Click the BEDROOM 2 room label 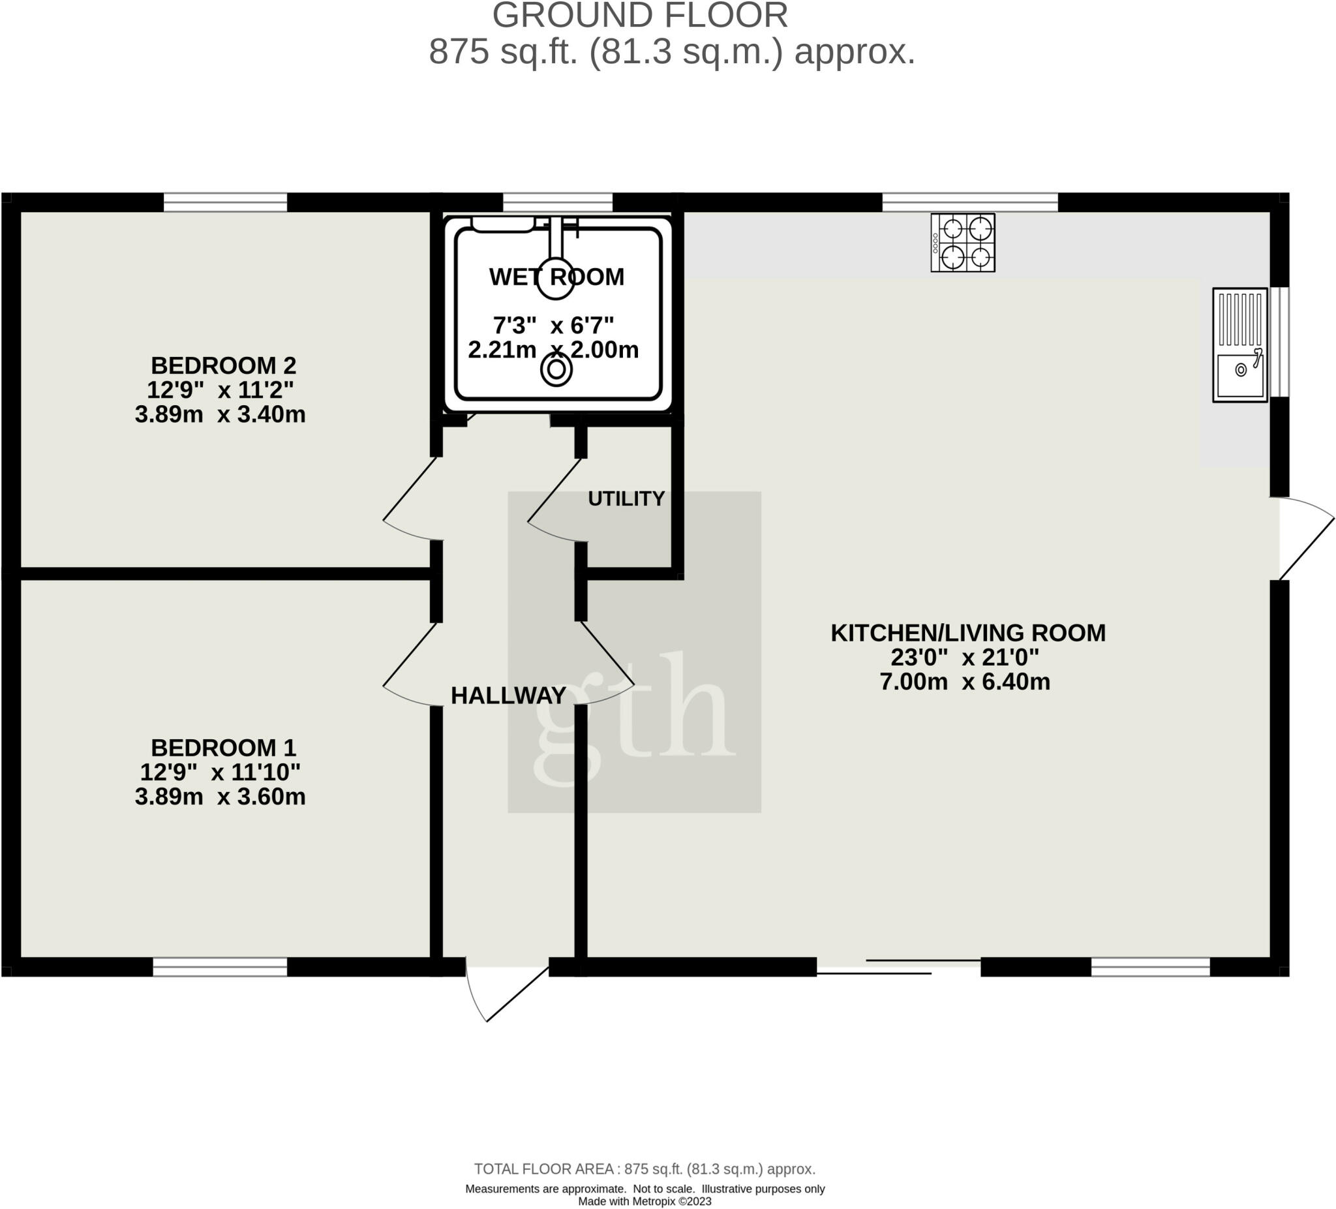pyautogui.click(x=223, y=365)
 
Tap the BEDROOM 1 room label pyautogui.click(x=223, y=748)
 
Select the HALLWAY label pyautogui.click(x=508, y=696)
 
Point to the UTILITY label pyautogui.click(x=626, y=498)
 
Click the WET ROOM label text pyautogui.click(x=556, y=277)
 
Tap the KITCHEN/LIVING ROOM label pyautogui.click(x=968, y=633)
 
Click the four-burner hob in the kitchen pyautogui.click(x=963, y=243)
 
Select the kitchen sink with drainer pyautogui.click(x=1240, y=344)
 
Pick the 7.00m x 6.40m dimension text pyautogui.click(x=965, y=682)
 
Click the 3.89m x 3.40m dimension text pyautogui.click(x=220, y=415)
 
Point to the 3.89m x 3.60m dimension pyautogui.click(x=220, y=797)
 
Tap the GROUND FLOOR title pyautogui.click(x=640, y=16)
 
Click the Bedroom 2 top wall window pyautogui.click(x=225, y=202)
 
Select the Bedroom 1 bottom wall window pyautogui.click(x=220, y=967)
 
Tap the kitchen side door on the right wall pyautogui.click(x=1302, y=538)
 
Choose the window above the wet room pyautogui.click(x=558, y=202)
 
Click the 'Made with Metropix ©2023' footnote pyautogui.click(x=645, y=1201)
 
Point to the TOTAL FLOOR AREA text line pyautogui.click(x=645, y=1169)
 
